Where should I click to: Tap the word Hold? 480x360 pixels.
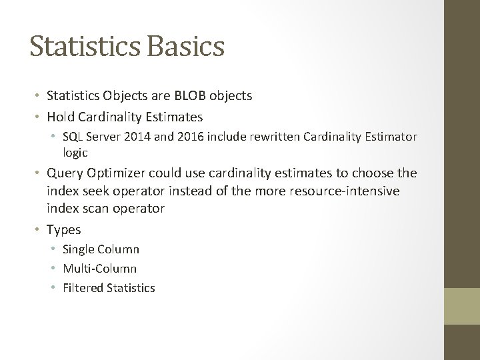(61, 117)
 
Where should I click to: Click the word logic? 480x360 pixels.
(75, 152)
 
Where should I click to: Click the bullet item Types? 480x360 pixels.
(64, 229)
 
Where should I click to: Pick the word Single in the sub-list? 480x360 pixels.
(79, 249)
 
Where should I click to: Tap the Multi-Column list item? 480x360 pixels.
(100, 269)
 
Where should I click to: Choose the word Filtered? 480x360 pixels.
(83, 288)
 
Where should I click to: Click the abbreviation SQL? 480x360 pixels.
(73, 137)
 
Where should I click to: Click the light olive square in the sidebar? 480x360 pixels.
(462, 306)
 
